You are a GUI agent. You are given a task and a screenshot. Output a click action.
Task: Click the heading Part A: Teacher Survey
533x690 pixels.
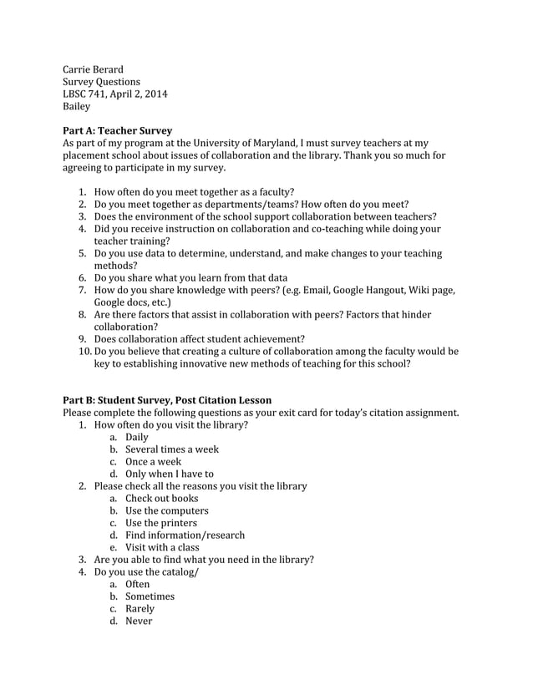pyautogui.click(x=118, y=131)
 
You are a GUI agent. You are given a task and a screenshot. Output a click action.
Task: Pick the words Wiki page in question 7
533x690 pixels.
pyautogui.click(x=429, y=290)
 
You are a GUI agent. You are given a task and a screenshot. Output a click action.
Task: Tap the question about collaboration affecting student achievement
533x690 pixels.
pyautogui.click(x=199, y=339)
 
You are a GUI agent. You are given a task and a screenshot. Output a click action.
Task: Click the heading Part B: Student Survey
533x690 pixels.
pyautogui.click(x=167, y=400)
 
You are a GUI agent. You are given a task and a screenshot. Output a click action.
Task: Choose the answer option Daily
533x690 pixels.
pyautogui.click(x=137, y=437)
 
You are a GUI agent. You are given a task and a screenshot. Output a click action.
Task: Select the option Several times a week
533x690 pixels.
pyautogui.click(x=172, y=449)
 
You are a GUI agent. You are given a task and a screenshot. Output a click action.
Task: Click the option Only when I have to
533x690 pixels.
pyautogui.click(x=170, y=474)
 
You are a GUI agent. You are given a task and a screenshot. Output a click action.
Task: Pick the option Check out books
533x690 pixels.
pyautogui.click(x=162, y=499)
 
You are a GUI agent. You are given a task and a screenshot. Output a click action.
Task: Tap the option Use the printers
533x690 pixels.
pyautogui.click(x=161, y=523)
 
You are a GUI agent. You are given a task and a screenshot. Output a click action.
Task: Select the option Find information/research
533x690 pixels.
pyautogui.click(x=185, y=535)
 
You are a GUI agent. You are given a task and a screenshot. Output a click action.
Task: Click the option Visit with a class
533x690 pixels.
pyautogui.click(x=162, y=548)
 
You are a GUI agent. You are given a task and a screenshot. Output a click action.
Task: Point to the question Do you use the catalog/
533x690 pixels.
pyautogui.click(x=146, y=572)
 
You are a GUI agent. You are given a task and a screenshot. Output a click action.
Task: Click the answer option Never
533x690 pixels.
pyautogui.click(x=139, y=622)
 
